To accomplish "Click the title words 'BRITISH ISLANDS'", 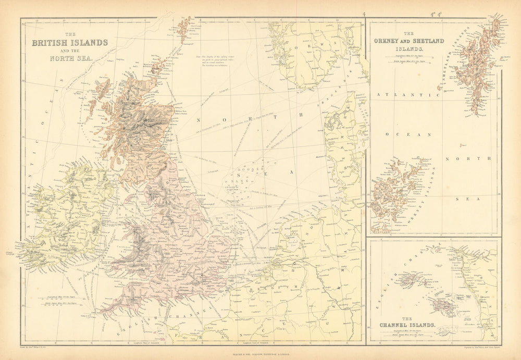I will tap(70, 42).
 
